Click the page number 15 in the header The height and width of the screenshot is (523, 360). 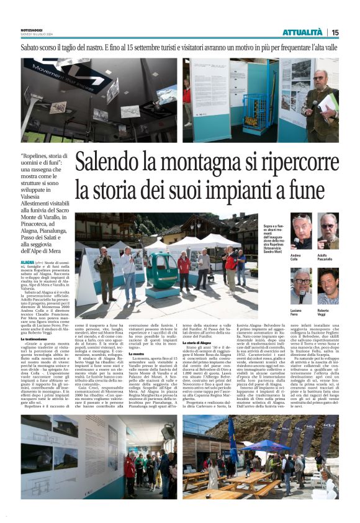(x=335, y=32)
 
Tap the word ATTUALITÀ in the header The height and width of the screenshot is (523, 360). (x=302, y=32)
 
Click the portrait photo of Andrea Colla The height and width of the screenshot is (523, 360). (x=302, y=232)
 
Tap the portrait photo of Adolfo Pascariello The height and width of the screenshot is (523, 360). (x=328, y=232)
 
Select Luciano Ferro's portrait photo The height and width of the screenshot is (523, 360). (x=302, y=286)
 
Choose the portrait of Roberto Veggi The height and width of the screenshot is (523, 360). (x=328, y=286)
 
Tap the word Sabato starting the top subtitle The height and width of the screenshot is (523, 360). (x=31, y=47)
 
